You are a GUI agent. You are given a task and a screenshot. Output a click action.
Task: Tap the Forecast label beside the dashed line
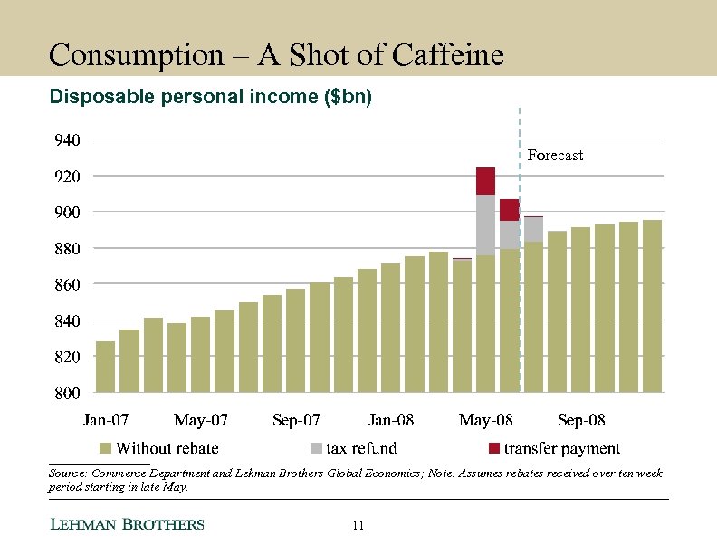(x=555, y=156)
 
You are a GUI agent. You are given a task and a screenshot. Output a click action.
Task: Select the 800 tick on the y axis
(x=66, y=393)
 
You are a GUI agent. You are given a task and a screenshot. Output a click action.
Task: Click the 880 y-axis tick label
(x=66, y=248)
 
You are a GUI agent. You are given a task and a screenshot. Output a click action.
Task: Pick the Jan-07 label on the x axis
(x=105, y=420)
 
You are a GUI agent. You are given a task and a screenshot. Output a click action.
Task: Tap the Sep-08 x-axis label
(x=581, y=420)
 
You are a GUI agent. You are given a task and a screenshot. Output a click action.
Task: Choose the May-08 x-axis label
(x=486, y=420)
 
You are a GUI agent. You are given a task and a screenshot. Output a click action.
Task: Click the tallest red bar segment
(x=485, y=181)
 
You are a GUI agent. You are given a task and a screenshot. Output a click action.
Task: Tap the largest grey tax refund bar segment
(x=485, y=224)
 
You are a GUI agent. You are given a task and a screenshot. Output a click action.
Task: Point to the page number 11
(x=358, y=525)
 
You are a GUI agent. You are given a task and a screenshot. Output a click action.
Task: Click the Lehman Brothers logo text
(x=126, y=525)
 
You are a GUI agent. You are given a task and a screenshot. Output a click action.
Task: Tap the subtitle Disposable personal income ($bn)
(x=210, y=96)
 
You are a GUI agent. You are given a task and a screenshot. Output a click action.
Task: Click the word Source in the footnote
(x=68, y=473)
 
